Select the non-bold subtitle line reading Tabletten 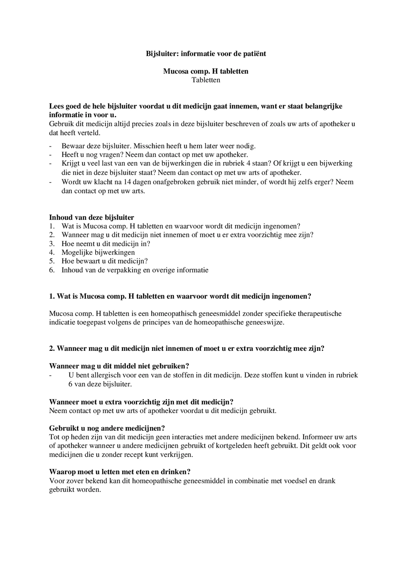coord(206,80)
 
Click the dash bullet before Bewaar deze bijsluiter coord(50,146)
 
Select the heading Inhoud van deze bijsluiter coord(92,217)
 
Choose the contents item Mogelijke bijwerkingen coord(98,252)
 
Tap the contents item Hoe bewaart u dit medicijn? coord(105,261)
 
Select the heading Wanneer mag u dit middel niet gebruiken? coord(119,366)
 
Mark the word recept coord(133,454)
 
